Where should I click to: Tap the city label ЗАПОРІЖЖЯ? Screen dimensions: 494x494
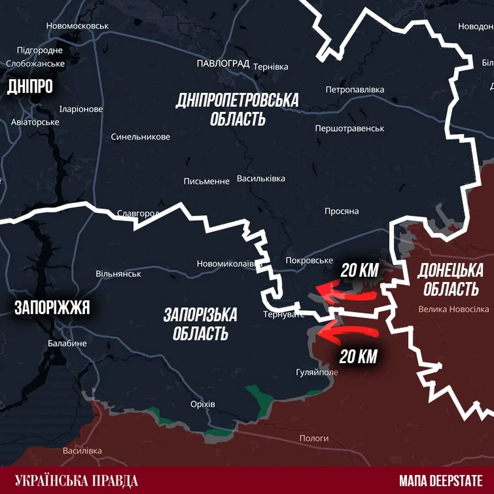(52, 308)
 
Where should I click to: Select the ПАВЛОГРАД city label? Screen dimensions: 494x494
(223, 64)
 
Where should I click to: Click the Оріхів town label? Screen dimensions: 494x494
(203, 404)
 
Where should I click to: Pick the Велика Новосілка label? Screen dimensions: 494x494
(453, 309)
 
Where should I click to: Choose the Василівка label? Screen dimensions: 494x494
(82, 451)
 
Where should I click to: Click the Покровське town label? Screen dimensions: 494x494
(309, 260)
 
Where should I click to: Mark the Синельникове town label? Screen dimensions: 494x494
(140, 137)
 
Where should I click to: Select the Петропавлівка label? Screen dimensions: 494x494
(355, 90)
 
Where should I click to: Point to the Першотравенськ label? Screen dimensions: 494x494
(349, 128)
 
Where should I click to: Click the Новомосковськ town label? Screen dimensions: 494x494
(77, 26)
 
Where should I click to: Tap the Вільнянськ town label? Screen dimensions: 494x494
(119, 274)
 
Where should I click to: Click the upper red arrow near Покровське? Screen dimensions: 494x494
(346, 292)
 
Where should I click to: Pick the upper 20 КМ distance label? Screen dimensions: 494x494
(359, 270)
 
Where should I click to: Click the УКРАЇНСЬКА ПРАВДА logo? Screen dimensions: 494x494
(77, 480)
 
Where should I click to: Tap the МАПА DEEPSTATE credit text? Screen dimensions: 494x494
(441, 480)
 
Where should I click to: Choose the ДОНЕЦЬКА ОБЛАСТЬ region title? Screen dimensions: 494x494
(451, 279)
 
